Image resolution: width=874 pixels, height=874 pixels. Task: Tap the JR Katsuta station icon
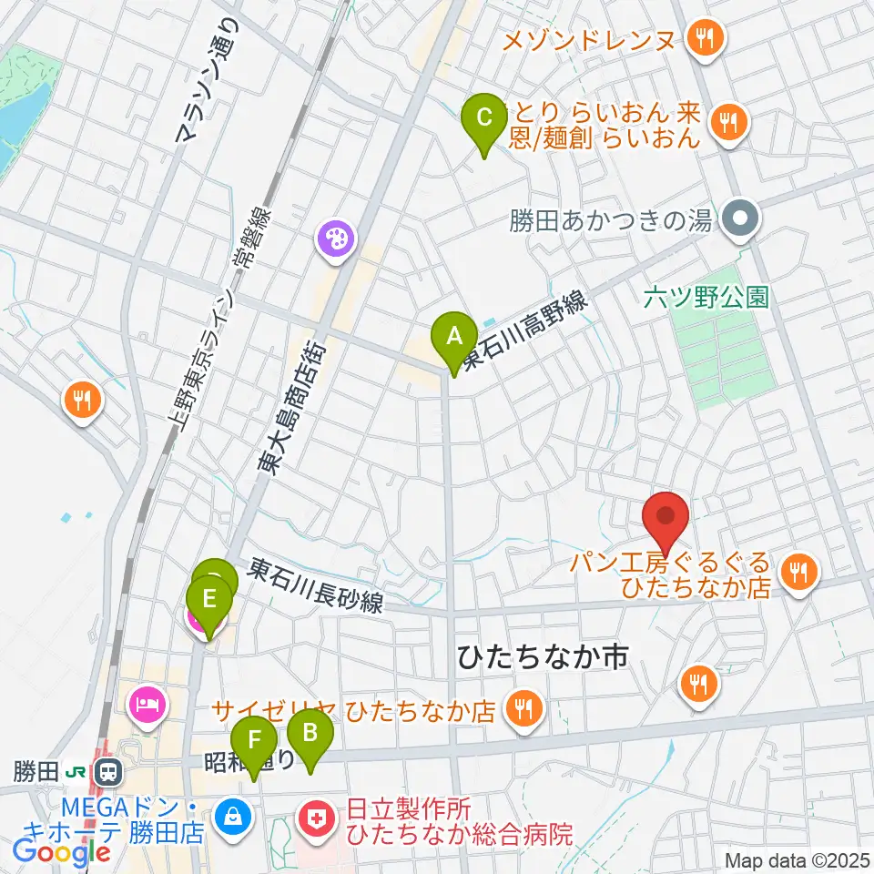tap(108, 773)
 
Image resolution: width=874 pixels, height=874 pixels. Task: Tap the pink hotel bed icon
tap(148, 704)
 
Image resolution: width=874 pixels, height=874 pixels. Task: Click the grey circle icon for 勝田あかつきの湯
tap(739, 219)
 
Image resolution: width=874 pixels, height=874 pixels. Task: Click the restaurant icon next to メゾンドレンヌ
tap(704, 39)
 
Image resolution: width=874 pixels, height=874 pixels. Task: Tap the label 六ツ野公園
tap(706, 296)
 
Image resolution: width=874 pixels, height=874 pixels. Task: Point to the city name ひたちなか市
tap(544, 658)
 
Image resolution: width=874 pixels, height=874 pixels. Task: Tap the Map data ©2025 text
tap(798, 859)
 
